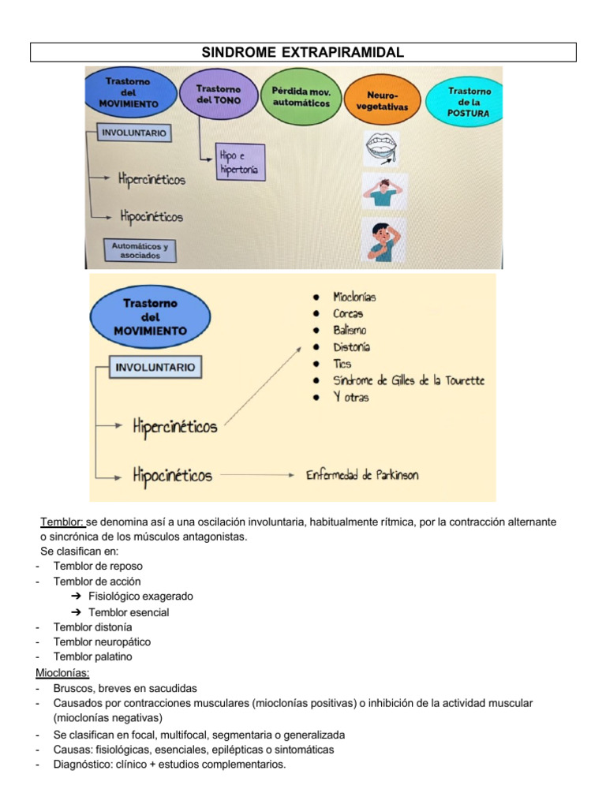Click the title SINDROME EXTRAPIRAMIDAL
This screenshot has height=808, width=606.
pyautogui.click(x=303, y=52)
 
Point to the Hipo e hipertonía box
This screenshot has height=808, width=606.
pyautogui.click(x=239, y=163)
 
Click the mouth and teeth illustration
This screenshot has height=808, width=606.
pyautogui.click(x=382, y=148)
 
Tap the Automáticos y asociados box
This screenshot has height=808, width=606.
pyautogui.click(x=140, y=250)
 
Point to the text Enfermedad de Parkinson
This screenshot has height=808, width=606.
pyautogui.click(x=362, y=474)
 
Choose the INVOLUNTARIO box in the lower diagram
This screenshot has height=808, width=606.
pyautogui.click(x=155, y=367)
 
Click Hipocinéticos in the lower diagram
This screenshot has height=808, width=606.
pyautogui.click(x=172, y=475)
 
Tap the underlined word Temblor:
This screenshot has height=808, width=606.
pyautogui.click(x=62, y=522)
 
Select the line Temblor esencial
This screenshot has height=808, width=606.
pyautogui.click(x=129, y=612)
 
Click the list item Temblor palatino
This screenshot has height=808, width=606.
pyautogui.click(x=93, y=656)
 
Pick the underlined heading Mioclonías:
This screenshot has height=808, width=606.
pyautogui.click(x=63, y=672)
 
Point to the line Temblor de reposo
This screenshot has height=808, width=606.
pyautogui.click(x=98, y=566)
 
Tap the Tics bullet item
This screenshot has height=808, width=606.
pyautogui.click(x=342, y=364)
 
